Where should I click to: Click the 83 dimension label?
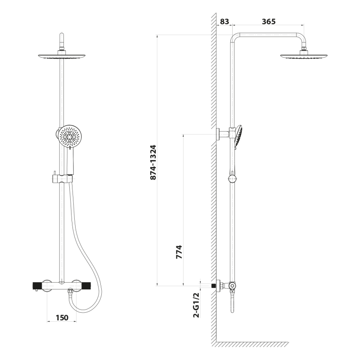[x=225, y=22]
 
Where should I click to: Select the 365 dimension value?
[x=269, y=22]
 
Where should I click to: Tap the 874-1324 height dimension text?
[x=153, y=162]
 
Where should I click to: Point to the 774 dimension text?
[x=179, y=252]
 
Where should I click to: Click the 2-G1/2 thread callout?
[x=197, y=305]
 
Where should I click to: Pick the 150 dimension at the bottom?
[x=62, y=318]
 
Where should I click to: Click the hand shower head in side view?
[x=239, y=137]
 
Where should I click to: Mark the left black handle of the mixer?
[x=37, y=286]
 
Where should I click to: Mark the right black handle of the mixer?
[x=86, y=286]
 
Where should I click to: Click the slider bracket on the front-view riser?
[x=62, y=178]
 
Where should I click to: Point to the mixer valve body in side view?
[x=232, y=286]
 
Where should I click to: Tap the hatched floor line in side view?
[x=252, y=344]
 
